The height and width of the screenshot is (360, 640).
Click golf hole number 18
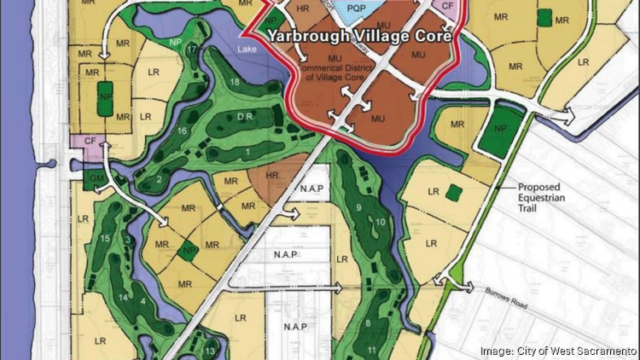(x=235, y=81)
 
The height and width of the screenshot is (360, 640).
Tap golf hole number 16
(x=181, y=131)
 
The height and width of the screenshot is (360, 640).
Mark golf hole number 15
(x=105, y=236)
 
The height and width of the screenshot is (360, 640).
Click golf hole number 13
(x=210, y=351)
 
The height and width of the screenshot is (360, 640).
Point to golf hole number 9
(x=359, y=206)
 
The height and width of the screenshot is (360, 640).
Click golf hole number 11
(x=372, y=351)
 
